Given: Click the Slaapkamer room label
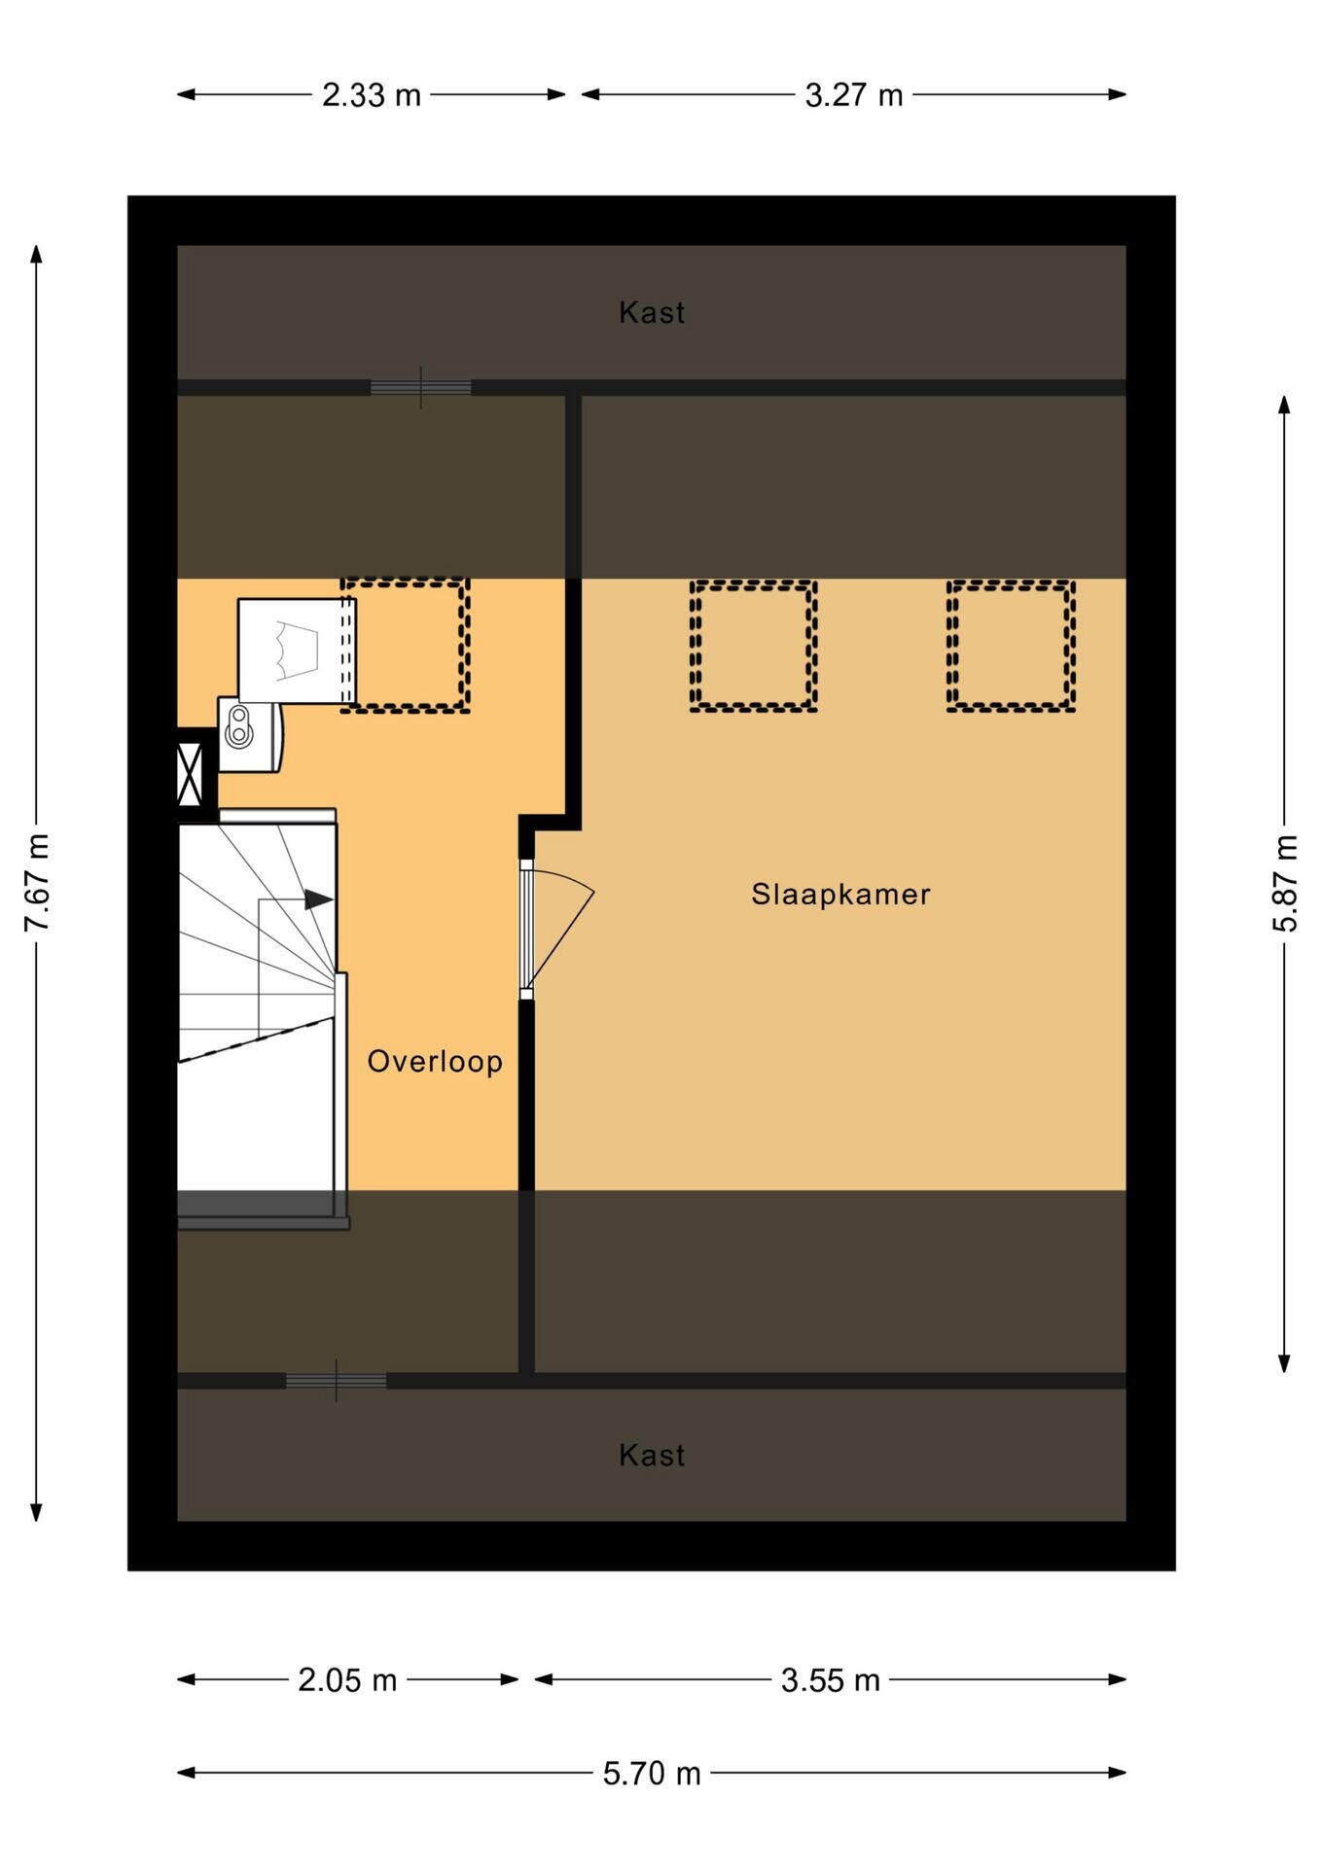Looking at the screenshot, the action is click(x=840, y=894).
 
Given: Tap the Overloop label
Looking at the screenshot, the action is click(x=435, y=1061).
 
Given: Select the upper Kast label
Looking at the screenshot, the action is click(x=652, y=312).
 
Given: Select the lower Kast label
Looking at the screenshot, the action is click(x=652, y=1455).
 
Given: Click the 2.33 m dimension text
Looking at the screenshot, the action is click(x=372, y=95).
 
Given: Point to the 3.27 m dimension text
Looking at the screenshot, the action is click(x=854, y=95).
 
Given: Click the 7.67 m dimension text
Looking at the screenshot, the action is click(x=37, y=883).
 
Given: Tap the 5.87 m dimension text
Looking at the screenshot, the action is click(x=1285, y=883).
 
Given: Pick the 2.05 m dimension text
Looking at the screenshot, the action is click(x=347, y=1680).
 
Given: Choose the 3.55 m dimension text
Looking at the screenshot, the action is click(x=831, y=1680).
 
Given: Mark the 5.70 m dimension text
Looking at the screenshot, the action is click(x=652, y=1774).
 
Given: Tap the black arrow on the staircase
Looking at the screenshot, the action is click(x=319, y=899).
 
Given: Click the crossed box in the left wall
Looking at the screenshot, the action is click(x=190, y=775).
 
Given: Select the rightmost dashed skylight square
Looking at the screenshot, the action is click(x=1011, y=646).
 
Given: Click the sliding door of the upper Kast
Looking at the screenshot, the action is click(x=420, y=387).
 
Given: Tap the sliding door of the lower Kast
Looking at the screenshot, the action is click(x=336, y=1381).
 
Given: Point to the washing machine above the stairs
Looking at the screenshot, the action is click(x=297, y=651).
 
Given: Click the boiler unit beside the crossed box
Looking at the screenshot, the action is click(x=250, y=734).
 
